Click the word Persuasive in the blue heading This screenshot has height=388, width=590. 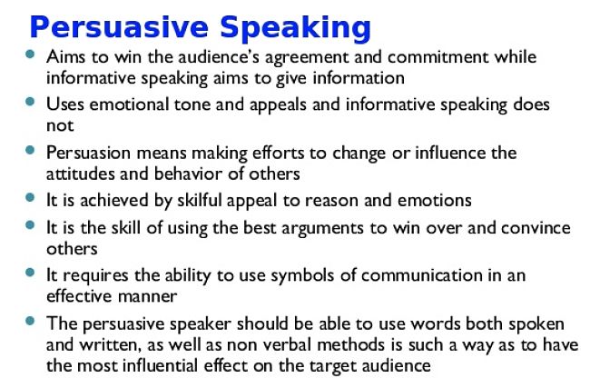click(119, 27)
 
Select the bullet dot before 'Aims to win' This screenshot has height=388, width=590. click(30, 54)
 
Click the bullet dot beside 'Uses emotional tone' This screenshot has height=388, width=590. click(30, 102)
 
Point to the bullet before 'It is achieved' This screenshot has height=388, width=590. click(30, 197)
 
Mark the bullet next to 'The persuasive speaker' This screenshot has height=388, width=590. click(30, 321)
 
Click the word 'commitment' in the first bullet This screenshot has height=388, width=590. click(438, 57)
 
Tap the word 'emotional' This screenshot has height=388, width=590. click(129, 104)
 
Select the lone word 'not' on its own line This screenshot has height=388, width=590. click(60, 125)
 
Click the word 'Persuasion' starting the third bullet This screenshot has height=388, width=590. click(88, 153)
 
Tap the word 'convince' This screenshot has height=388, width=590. click(536, 228)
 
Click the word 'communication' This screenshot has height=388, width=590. click(422, 275)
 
